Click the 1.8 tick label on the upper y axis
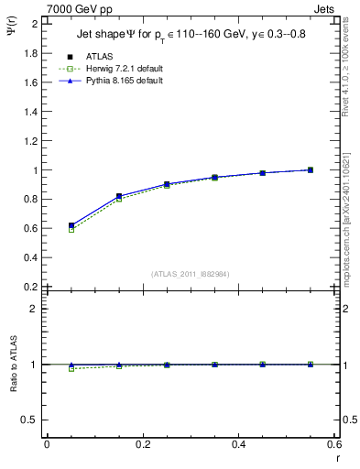coord(29,53)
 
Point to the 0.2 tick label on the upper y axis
coord(29,287)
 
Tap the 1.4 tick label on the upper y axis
coord(29,112)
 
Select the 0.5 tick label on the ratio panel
coord(29,420)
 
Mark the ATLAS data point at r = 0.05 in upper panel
coord(71,225)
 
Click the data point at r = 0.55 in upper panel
coord(310,169)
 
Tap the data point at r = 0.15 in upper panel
coord(119,196)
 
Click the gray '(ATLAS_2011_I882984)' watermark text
coord(191,273)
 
